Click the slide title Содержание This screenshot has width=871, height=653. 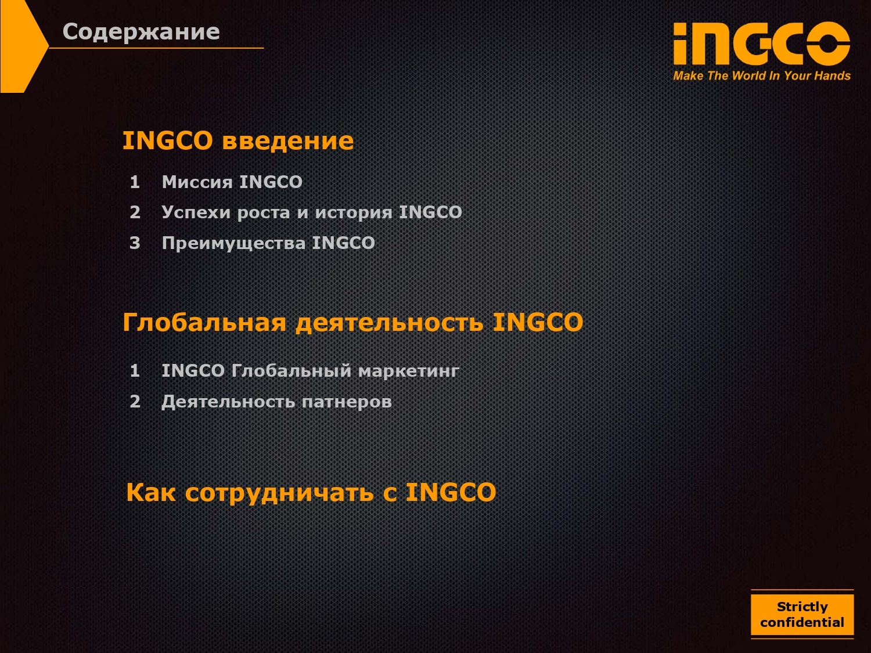[141, 33]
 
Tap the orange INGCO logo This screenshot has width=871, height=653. [761, 44]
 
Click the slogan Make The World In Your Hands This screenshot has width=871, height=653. [762, 75]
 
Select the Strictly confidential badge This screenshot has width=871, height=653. [802, 614]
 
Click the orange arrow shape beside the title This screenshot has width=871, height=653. [20, 46]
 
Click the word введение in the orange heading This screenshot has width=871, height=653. [287, 141]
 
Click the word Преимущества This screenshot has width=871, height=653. [234, 244]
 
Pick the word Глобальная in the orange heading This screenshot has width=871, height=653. [204, 322]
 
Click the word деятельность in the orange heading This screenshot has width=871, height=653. [390, 323]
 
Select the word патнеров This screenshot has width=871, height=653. [347, 402]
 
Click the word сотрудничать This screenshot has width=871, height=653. [279, 493]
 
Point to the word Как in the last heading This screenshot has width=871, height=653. [151, 492]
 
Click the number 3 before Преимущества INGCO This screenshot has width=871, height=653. [135, 243]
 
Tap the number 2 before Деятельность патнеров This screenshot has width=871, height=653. [135, 402]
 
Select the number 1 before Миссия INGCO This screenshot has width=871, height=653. [135, 182]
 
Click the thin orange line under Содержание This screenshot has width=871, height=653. [156, 48]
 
